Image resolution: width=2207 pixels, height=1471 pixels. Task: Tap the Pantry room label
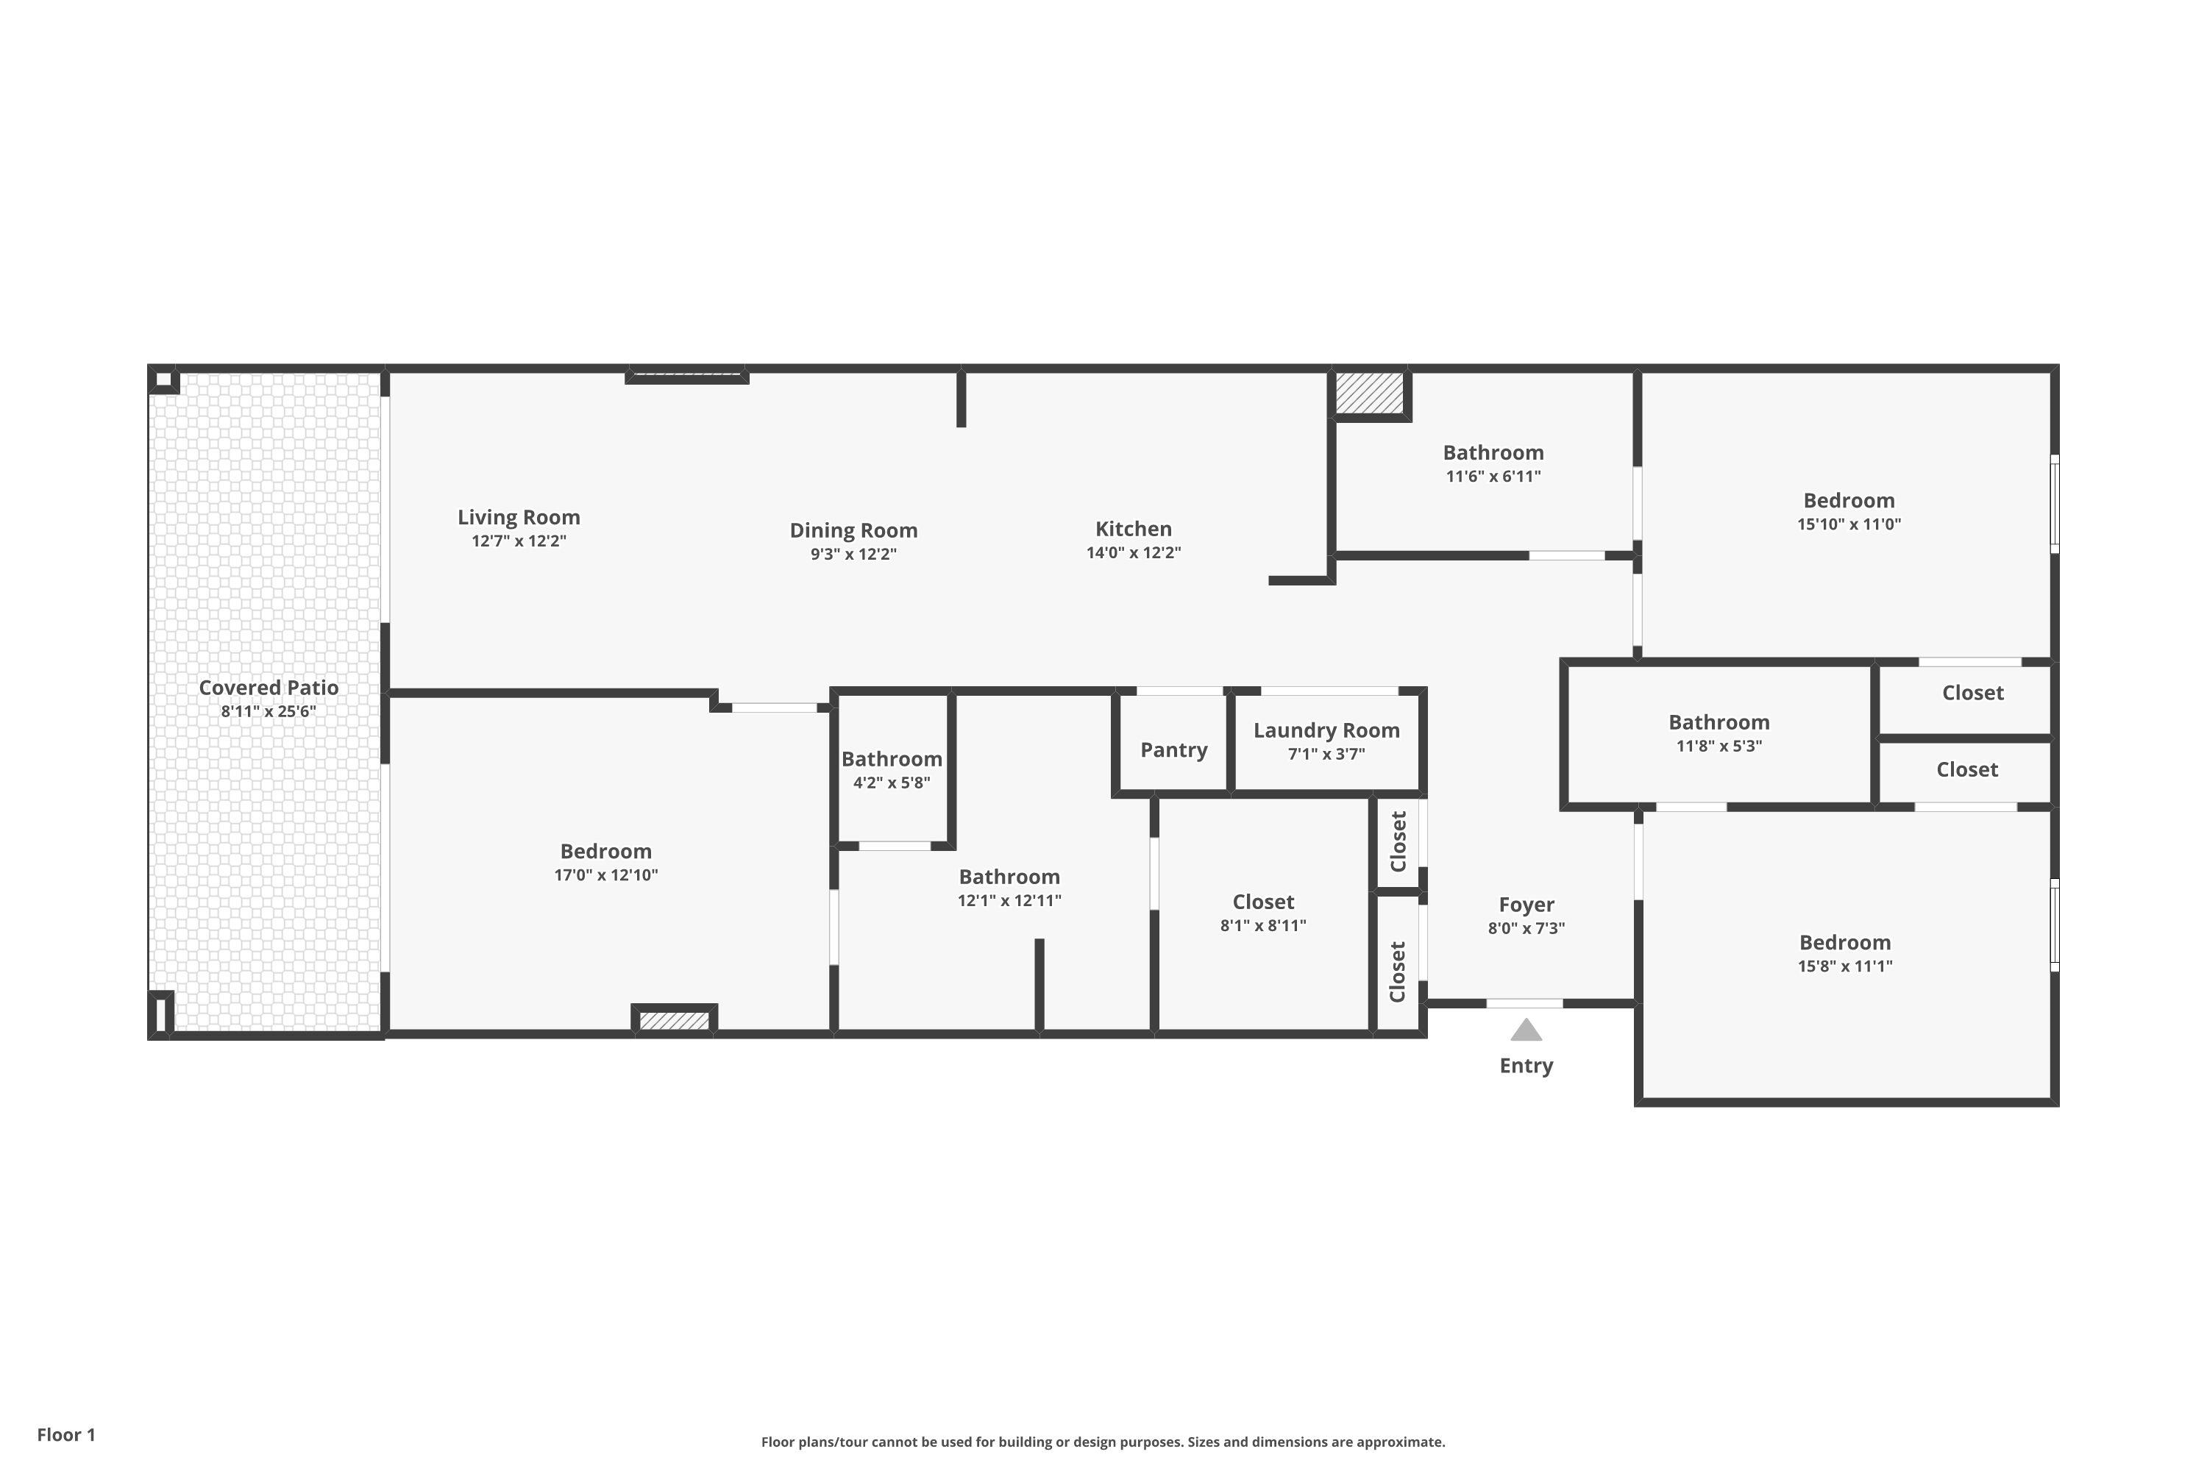1174,749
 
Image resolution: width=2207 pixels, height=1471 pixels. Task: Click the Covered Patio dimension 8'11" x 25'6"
269,711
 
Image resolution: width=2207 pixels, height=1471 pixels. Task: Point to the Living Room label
519,517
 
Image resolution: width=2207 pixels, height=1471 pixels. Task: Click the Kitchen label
1134,528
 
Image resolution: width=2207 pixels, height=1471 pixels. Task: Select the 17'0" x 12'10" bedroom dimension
605,875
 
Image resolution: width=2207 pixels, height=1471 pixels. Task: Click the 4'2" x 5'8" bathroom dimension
892,783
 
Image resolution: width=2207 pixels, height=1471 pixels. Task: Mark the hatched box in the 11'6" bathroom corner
1369,392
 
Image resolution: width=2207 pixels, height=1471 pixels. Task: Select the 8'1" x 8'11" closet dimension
1263,925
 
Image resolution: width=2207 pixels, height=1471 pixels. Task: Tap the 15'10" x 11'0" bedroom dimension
1849,524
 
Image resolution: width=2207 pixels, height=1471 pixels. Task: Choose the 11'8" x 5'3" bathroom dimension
1719,746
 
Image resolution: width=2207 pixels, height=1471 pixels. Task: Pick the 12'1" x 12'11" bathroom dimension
1009,900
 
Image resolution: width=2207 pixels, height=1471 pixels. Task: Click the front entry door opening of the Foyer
1525,1003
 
